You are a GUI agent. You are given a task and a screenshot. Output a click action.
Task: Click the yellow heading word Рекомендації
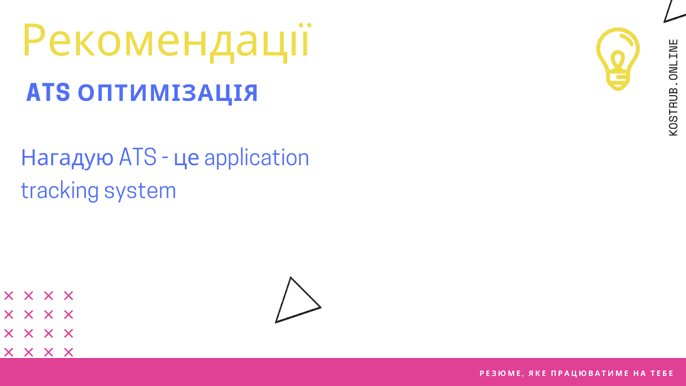click(167, 42)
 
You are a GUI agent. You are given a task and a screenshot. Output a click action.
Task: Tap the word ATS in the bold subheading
click(48, 92)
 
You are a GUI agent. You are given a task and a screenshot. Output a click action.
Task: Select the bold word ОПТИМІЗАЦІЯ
click(168, 93)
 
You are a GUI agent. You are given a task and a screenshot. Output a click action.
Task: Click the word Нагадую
click(67, 158)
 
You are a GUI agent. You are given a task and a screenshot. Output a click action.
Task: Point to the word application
click(257, 158)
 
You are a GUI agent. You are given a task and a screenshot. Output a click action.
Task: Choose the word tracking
click(60, 190)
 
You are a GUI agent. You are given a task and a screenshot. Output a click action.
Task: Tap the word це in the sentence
click(187, 159)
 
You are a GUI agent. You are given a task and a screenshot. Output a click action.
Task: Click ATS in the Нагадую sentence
click(138, 157)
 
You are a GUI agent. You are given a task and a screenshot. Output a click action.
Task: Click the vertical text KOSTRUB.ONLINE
click(673, 87)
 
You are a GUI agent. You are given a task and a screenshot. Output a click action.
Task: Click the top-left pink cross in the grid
click(9, 296)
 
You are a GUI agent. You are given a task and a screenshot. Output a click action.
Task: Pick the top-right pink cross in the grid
click(69, 296)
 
